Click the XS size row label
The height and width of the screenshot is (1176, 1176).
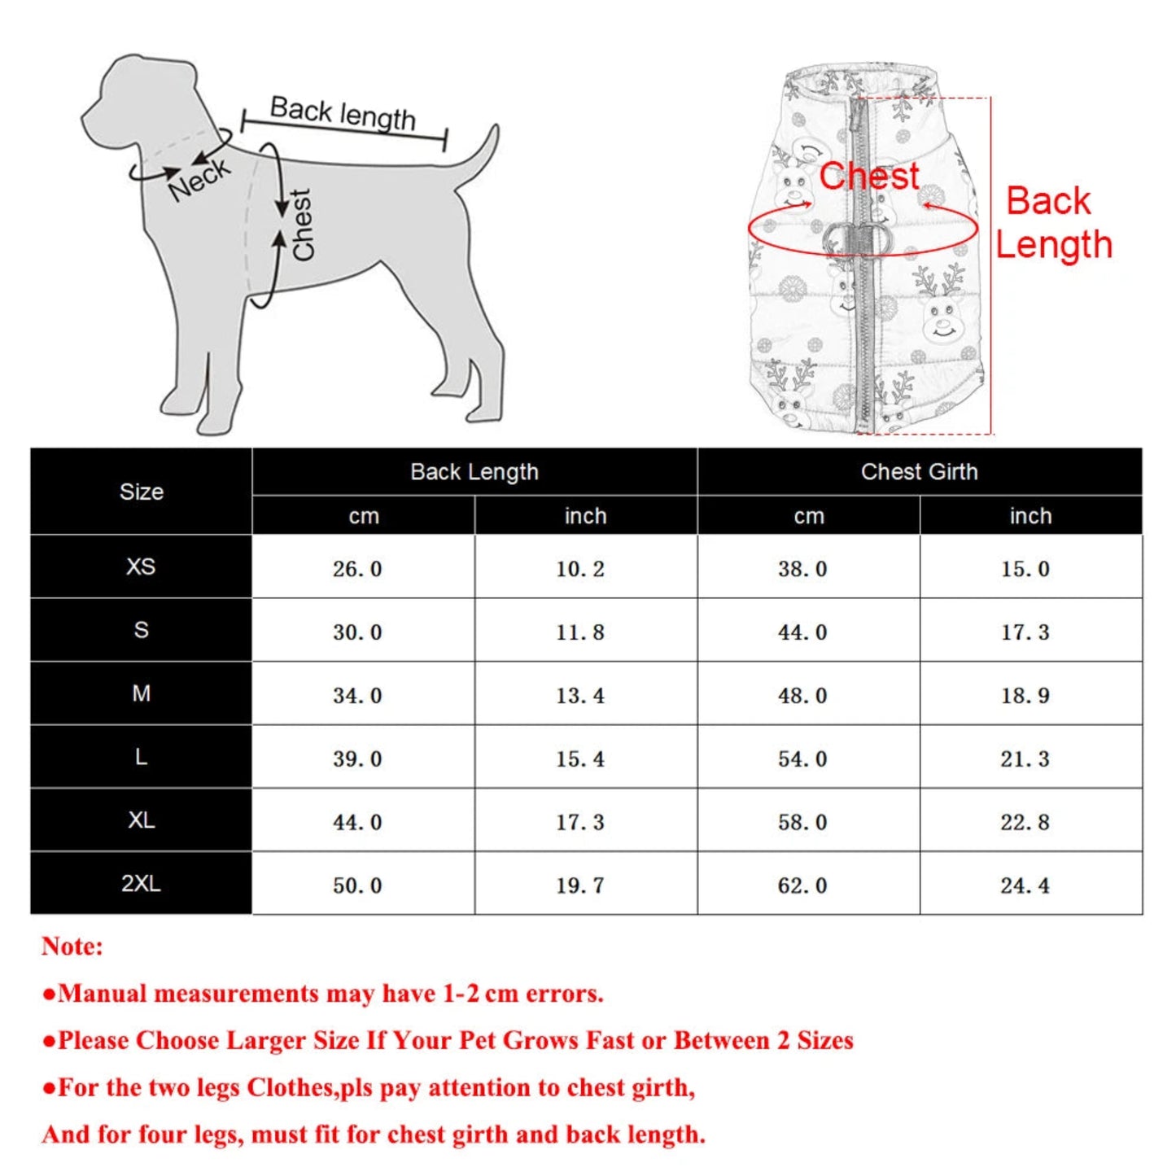point(141,566)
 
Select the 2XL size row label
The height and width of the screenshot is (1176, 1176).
point(141,883)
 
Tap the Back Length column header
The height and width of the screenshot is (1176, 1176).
point(474,472)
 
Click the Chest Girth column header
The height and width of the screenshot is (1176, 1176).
point(919,472)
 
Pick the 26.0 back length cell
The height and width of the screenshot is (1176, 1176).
point(357,569)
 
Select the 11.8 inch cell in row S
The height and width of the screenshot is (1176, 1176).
point(580,632)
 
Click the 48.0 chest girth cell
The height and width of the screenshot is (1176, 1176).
point(802,696)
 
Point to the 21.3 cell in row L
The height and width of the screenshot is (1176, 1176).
point(1025,759)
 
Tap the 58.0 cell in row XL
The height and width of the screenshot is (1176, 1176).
point(802,822)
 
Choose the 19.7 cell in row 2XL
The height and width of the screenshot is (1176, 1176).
point(580,885)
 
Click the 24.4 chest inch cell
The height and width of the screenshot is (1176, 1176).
point(1025,885)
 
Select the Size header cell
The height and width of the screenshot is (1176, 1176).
point(141,492)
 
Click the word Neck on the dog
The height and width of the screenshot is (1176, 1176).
point(199,180)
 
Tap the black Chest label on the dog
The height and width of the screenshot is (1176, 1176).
point(302,225)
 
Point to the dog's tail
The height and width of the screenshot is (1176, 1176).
point(480,155)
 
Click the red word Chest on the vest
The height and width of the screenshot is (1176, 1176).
point(869,177)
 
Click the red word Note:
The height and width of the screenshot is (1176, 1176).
point(72,946)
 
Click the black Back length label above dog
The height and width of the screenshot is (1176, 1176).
point(343,113)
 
